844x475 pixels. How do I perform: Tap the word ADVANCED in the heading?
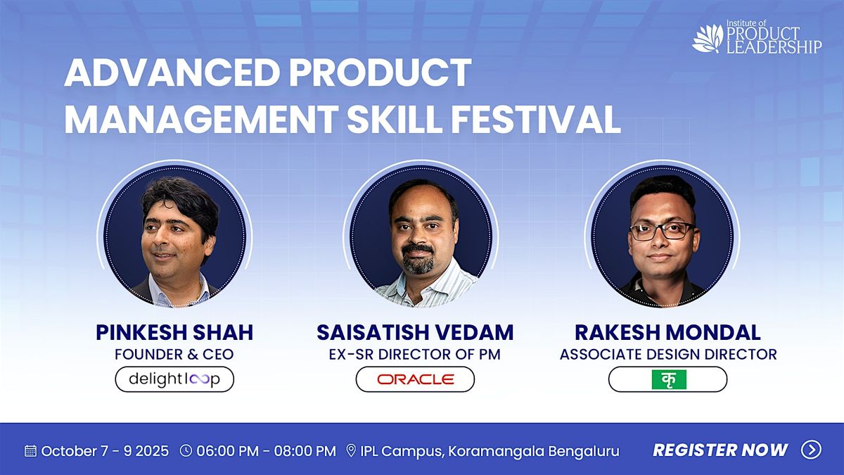click(172, 72)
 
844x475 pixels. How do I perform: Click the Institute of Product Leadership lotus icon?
click(708, 38)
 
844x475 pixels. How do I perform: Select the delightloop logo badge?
click(174, 379)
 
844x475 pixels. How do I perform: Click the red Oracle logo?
click(416, 379)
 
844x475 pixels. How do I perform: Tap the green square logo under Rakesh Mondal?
click(669, 379)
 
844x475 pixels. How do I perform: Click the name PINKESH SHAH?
click(174, 332)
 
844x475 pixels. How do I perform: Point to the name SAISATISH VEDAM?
click(415, 332)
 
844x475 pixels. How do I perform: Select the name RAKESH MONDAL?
click(667, 332)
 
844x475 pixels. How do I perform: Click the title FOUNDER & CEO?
click(174, 355)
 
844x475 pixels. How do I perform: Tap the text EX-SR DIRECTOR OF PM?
click(415, 355)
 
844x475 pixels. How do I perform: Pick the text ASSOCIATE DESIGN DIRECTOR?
click(668, 355)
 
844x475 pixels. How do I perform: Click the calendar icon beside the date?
click(30, 451)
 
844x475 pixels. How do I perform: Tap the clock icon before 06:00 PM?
click(186, 450)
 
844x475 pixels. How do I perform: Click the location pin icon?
click(351, 451)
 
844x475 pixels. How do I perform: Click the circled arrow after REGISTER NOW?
click(811, 450)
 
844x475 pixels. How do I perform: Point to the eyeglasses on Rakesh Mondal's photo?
click(663, 231)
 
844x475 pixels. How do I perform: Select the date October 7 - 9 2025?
click(105, 451)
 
